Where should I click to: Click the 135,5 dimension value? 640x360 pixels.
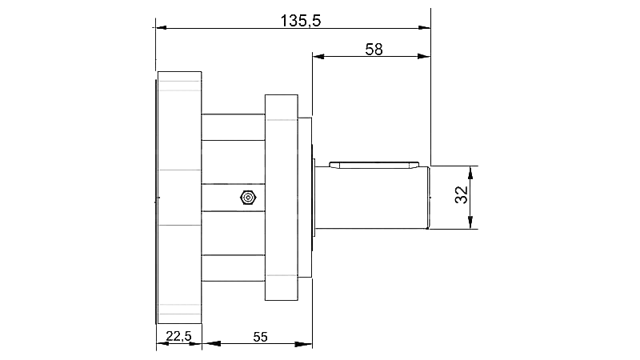pos(301,20)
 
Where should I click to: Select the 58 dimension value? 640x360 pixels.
pos(374,49)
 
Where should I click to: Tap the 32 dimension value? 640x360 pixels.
pos(461,197)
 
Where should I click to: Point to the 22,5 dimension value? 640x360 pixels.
pos(178,337)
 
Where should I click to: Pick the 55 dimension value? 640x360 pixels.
pos(260,337)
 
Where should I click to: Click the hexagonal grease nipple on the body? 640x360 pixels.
pos(247,197)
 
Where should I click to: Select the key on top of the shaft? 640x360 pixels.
pos(374,166)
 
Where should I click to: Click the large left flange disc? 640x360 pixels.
pos(179,197)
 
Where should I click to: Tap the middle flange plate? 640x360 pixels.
pos(282,197)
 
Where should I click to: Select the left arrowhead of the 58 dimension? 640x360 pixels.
pos(318,57)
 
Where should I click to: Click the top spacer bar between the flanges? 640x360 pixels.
pos(233,126)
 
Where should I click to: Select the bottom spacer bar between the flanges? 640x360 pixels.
pos(233,266)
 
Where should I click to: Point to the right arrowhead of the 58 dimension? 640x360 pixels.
pos(425,57)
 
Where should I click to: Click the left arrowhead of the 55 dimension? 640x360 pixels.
pos(209,345)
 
